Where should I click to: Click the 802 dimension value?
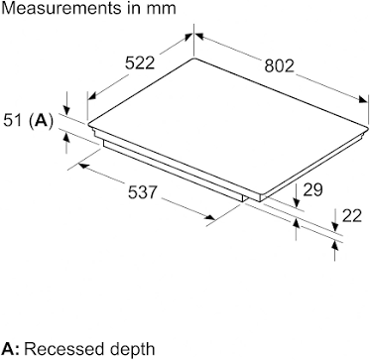click(279, 65)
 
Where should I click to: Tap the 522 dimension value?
click(140, 62)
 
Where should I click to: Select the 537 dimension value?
click(142, 192)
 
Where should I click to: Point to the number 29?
click(312, 190)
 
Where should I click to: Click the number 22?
click(351, 216)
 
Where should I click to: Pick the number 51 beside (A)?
click(13, 121)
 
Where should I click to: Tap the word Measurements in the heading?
click(62, 8)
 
